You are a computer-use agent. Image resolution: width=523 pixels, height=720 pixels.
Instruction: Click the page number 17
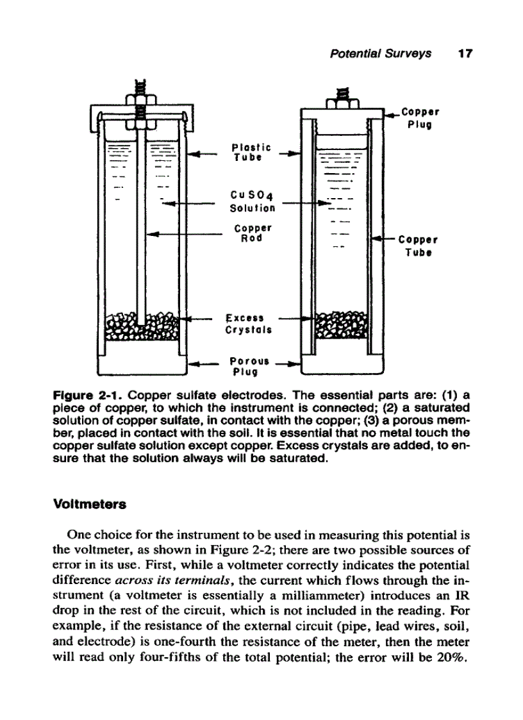click(x=465, y=54)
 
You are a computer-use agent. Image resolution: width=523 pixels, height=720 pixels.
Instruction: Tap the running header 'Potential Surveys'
click(x=380, y=54)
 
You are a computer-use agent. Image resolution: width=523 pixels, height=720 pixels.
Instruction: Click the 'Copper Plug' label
click(x=420, y=118)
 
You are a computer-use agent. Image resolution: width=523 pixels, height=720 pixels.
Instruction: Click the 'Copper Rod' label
click(x=253, y=233)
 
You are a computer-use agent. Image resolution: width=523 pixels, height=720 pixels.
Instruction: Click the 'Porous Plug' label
click(x=249, y=365)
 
